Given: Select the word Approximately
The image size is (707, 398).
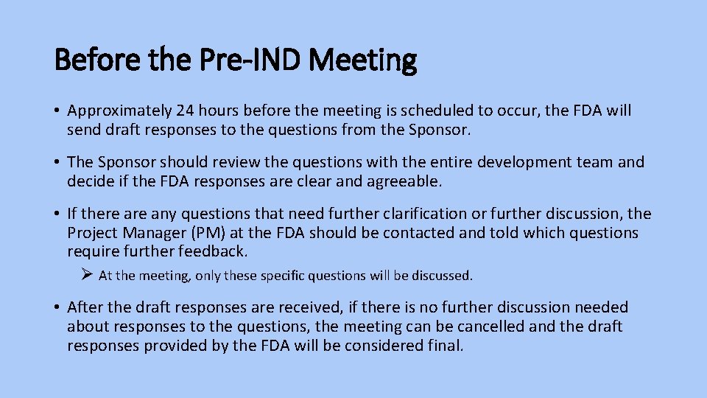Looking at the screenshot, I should pos(117,111).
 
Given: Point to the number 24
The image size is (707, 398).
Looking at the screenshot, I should pos(186,111).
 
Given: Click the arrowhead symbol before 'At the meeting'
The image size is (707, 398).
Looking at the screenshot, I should pos(86,275).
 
